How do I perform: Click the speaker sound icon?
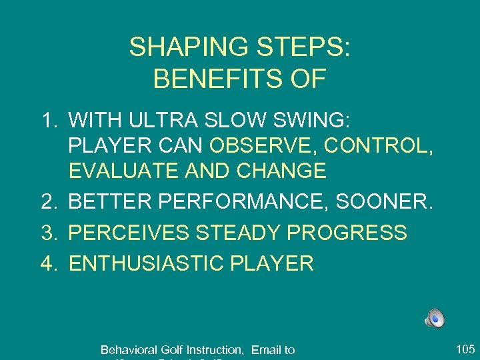tap(435, 319)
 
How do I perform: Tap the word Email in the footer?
tap(266, 349)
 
